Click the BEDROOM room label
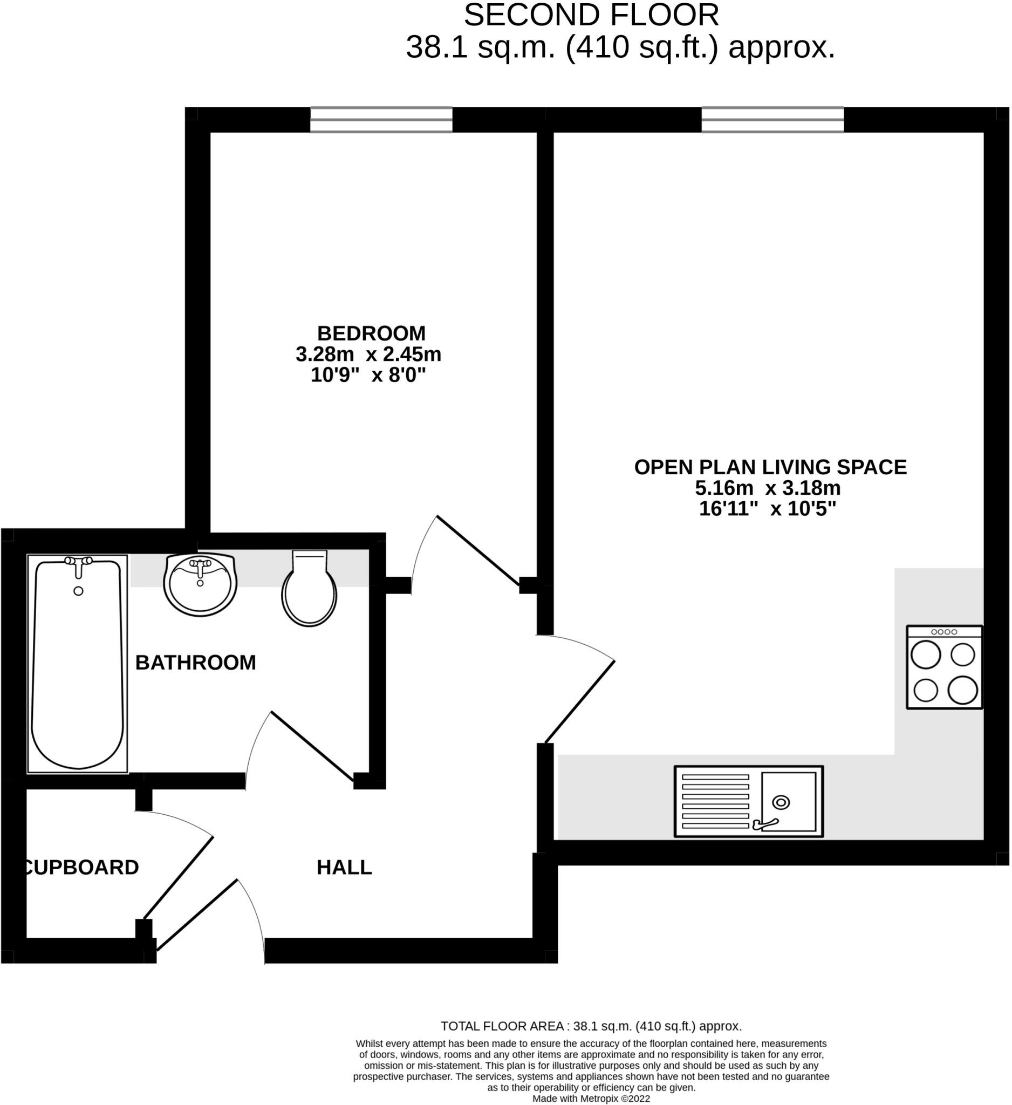tap(371, 333)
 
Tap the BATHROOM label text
tap(196, 663)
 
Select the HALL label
tap(344, 867)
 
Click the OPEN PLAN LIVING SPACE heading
tap(770, 467)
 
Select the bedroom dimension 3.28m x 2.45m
tap(368, 354)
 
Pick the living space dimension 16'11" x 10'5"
tap(768, 509)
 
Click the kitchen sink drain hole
tap(781, 803)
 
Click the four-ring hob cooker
tap(944, 667)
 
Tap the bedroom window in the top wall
tap(381, 119)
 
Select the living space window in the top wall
tap(772, 119)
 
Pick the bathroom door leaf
tap(312, 746)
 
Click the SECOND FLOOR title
tap(591, 15)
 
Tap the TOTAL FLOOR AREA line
tap(591, 1026)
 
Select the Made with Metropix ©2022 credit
tap(591, 1099)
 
